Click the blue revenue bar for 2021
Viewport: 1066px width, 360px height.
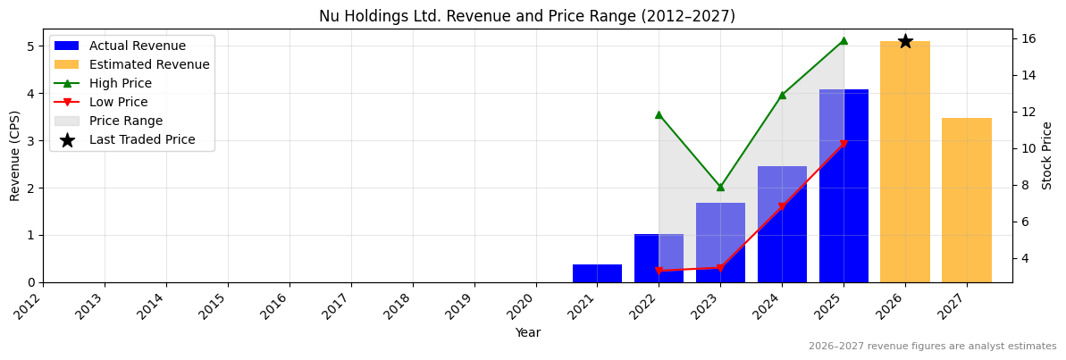click(597, 273)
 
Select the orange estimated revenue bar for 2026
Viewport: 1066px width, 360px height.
click(905, 162)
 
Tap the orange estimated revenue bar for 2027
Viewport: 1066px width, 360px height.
click(967, 200)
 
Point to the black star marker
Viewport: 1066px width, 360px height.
click(905, 41)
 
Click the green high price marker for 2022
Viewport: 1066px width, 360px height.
click(659, 114)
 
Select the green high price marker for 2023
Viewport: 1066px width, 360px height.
click(720, 187)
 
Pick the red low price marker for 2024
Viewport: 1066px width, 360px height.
click(782, 207)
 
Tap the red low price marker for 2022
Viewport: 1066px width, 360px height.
click(659, 271)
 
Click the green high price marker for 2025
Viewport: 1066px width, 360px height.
click(844, 40)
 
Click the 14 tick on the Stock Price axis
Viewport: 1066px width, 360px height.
click(1027, 75)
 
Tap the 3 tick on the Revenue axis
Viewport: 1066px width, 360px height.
click(34, 141)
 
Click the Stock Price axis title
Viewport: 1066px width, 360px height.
click(1047, 155)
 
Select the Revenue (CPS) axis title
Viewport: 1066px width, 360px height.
click(15, 155)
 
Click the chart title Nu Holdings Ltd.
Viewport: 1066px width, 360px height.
click(527, 16)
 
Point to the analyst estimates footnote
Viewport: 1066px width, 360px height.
click(932, 347)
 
